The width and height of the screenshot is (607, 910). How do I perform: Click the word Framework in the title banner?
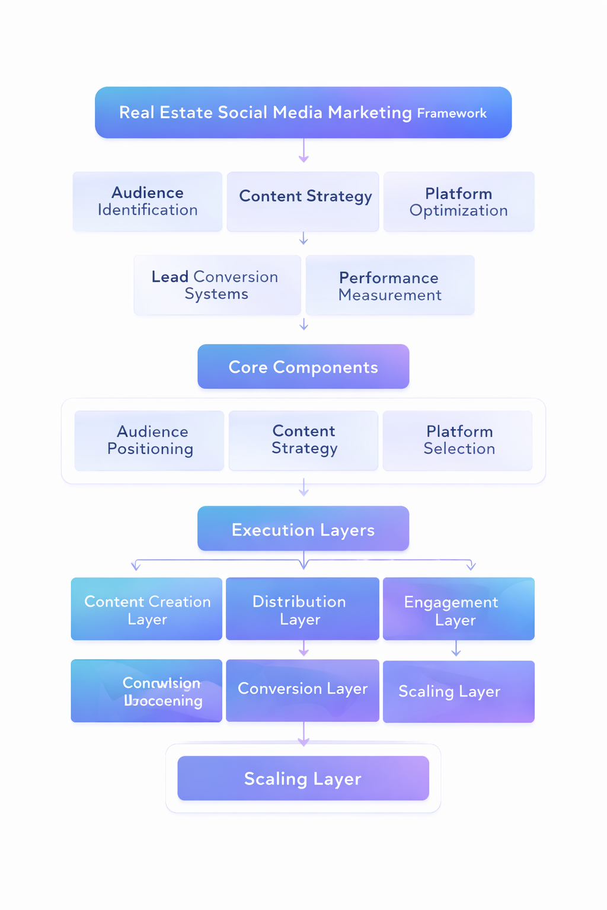coord(452,113)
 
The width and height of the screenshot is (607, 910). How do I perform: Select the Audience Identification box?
coord(148,201)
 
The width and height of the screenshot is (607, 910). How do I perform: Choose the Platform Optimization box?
coord(459,201)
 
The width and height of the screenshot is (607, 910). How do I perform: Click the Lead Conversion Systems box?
coord(217,285)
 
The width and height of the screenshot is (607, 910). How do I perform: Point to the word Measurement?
coord(390,295)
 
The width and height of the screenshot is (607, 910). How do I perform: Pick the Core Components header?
coord(303,367)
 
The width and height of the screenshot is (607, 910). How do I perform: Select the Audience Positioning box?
coord(149,440)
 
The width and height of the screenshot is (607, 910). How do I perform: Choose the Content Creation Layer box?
coord(146,609)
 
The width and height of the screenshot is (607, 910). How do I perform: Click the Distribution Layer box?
coord(302,609)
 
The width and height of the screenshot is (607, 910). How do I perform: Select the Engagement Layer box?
coord(458,609)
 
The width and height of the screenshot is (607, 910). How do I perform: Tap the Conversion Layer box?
coord(302,690)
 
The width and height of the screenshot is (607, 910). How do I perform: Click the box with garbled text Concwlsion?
coord(146,691)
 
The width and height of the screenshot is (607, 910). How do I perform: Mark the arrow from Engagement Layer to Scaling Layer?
coord(456,649)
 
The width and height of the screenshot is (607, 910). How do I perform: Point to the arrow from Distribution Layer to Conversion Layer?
coord(303,649)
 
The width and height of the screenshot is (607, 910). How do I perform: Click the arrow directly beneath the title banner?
coord(303,151)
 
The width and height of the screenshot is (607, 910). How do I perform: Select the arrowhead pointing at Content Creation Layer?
coord(136,566)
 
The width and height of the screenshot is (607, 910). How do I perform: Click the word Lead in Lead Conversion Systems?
coord(170,277)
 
